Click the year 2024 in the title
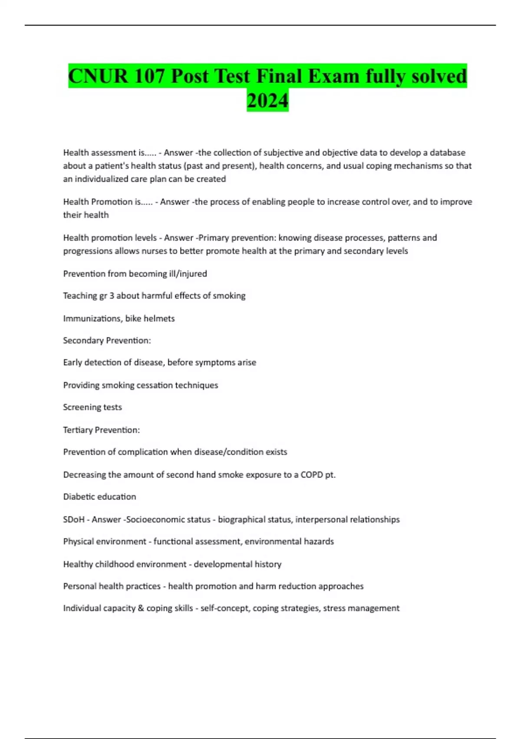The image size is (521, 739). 267,100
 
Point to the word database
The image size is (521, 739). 447,153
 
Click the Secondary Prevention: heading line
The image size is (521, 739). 107,340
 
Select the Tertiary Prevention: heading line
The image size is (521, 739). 101,430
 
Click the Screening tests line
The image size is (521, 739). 92,407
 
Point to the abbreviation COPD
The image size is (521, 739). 312,475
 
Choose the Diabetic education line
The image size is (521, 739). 99,497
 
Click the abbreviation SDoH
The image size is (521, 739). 74,519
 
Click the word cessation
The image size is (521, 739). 155,385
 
